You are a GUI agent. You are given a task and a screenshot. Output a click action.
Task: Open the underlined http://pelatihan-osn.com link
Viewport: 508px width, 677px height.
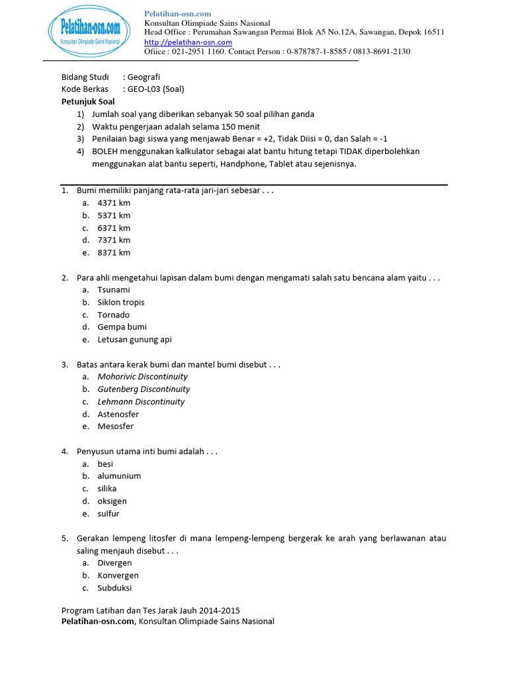pos(188,42)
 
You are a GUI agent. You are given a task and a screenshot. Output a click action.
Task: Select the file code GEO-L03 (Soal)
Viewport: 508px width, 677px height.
pos(155,89)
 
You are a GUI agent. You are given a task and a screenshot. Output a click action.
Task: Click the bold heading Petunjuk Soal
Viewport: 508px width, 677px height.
pos(88,102)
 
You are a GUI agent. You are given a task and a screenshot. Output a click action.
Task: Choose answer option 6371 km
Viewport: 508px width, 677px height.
pos(114,227)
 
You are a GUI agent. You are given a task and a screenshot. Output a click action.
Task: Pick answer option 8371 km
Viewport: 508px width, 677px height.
pos(114,253)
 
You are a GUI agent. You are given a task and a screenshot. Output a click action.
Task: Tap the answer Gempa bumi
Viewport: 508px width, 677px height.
pos(122,327)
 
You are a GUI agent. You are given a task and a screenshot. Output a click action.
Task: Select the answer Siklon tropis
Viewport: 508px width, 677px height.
pos(121,302)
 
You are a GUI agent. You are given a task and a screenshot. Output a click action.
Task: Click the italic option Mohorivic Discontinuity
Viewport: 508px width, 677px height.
pos(143,377)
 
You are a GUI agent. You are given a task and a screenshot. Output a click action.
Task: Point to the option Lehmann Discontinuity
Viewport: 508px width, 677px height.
pos(141,401)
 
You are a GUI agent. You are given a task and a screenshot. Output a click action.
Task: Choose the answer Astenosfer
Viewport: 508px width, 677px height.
pos(118,414)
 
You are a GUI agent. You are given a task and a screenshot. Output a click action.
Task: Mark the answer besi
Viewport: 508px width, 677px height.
pos(106,463)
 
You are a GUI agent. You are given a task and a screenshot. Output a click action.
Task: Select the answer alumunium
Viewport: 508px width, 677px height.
pos(119,476)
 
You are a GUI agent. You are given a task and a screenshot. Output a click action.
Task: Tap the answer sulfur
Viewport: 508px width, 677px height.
pos(108,514)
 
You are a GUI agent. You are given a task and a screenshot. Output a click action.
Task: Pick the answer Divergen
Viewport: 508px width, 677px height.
pos(115,563)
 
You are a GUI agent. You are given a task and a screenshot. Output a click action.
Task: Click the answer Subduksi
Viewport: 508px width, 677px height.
pos(115,588)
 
